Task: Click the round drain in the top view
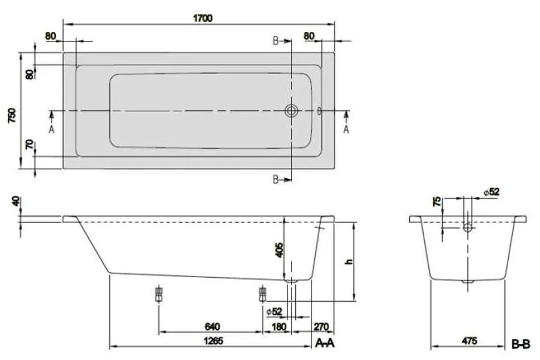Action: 292,111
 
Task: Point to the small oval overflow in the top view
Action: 319,111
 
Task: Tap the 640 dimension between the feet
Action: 212,326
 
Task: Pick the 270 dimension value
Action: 322,326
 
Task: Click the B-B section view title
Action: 520,343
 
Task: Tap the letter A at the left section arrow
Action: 52,128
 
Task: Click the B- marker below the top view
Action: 277,179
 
